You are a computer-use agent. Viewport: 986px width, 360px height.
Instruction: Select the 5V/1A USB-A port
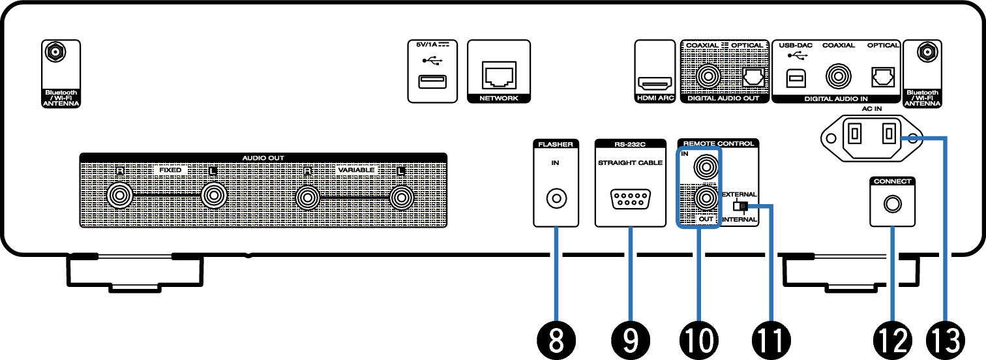pos(430,82)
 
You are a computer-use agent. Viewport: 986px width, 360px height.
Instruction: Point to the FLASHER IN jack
pos(556,197)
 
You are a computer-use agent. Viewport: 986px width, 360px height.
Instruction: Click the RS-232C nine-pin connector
pos(629,198)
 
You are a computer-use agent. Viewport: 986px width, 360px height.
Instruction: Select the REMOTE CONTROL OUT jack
pos(705,198)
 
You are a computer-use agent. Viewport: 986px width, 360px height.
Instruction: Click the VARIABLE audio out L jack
pos(401,196)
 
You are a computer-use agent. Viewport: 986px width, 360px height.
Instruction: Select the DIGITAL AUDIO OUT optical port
pos(751,78)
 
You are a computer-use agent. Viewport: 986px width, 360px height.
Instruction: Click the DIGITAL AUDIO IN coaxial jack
pos(837,77)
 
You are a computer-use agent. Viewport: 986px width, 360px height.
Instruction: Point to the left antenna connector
pos(54,52)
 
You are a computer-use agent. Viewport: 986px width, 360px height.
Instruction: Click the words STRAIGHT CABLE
pos(630,163)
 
